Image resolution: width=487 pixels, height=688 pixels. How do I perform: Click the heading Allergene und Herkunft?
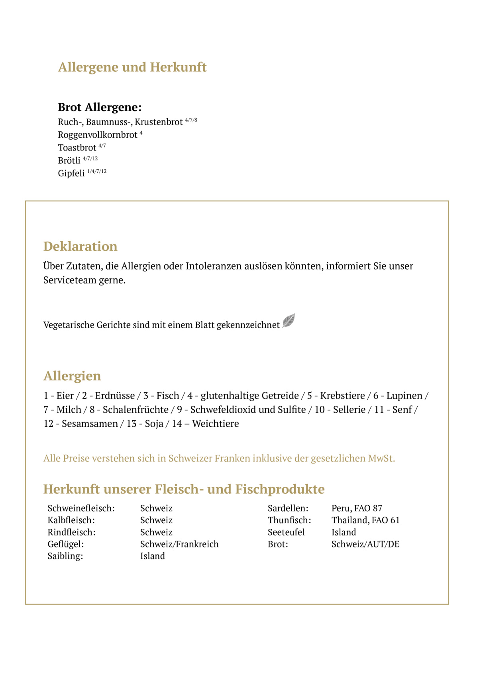tap(132, 67)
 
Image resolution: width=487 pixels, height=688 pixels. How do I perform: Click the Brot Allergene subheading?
tap(100, 107)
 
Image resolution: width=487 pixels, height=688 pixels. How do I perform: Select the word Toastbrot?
tap(77, 148)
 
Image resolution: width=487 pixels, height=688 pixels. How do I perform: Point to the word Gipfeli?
tap(71, 173)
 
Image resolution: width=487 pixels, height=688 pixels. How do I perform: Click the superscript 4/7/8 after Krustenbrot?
tap(191, 120)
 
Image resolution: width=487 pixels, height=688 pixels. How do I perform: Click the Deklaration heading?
tap(80, 246)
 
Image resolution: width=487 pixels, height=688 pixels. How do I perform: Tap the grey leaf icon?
tap(289, 321)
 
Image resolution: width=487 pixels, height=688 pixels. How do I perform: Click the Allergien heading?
tap(72, 375)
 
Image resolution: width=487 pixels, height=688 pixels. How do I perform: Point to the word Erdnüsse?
tap(115, 396)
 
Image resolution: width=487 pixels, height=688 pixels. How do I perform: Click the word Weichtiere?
tap(216, 424)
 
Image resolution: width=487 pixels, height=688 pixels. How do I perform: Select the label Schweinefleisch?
tap(81, 508)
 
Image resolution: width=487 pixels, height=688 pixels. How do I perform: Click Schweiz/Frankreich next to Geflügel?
tap(179, 544)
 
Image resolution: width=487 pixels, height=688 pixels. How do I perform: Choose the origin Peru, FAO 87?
tap(357, 508)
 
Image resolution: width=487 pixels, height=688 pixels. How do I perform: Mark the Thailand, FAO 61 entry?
tap(365, 520)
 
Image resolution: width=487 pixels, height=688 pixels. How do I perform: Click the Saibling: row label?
tap(65, 556)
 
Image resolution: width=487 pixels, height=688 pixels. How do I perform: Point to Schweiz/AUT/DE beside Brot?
tap(365, 544)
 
